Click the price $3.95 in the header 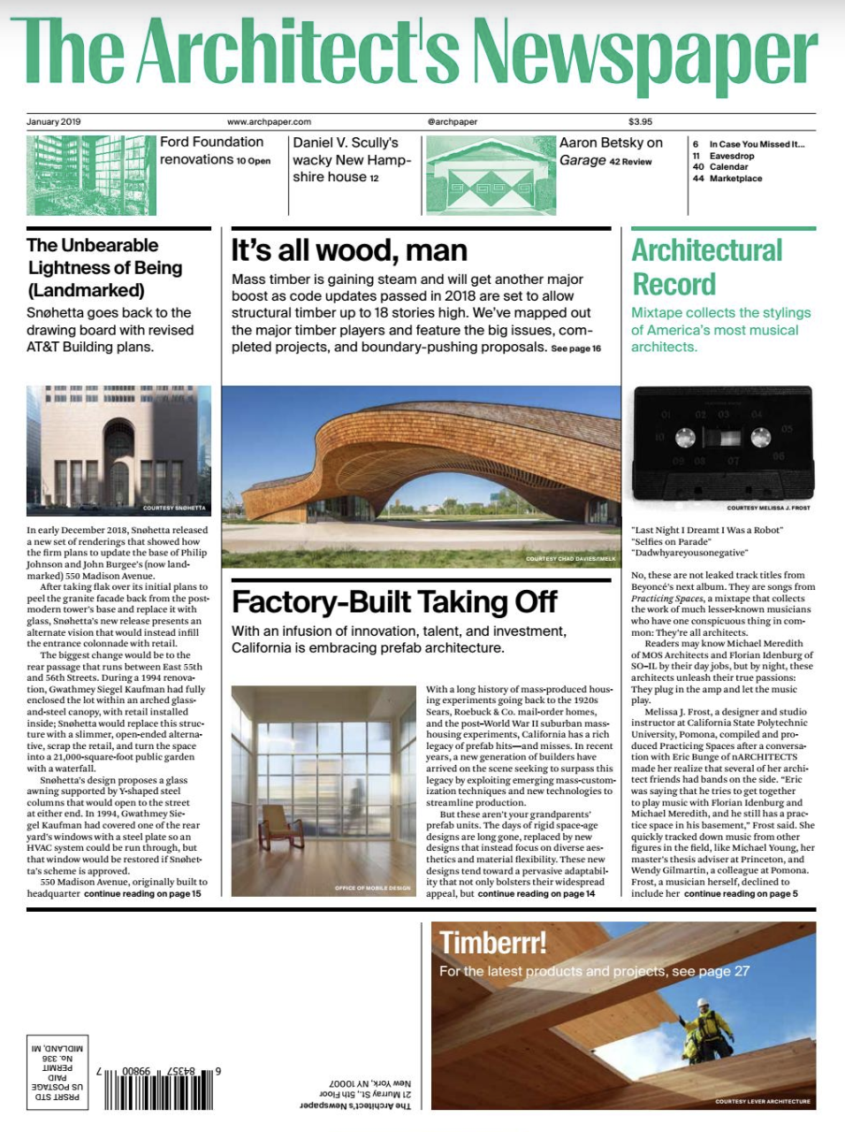640,122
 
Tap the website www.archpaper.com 269,122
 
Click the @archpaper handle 452,122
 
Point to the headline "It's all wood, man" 349,251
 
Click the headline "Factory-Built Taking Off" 394,602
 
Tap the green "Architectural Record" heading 706,267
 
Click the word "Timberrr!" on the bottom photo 493,943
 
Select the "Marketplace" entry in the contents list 735,179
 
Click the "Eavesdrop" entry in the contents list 732,156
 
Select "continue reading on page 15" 142,894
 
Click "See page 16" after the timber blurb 575,348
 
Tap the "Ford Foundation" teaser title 211,142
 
